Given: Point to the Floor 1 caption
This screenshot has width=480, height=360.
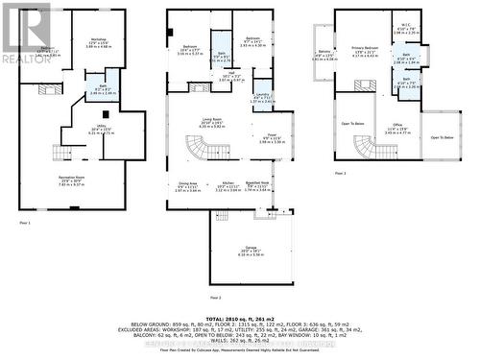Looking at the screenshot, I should click(24, 224).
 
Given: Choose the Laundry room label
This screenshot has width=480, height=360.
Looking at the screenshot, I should click(261, 96).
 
